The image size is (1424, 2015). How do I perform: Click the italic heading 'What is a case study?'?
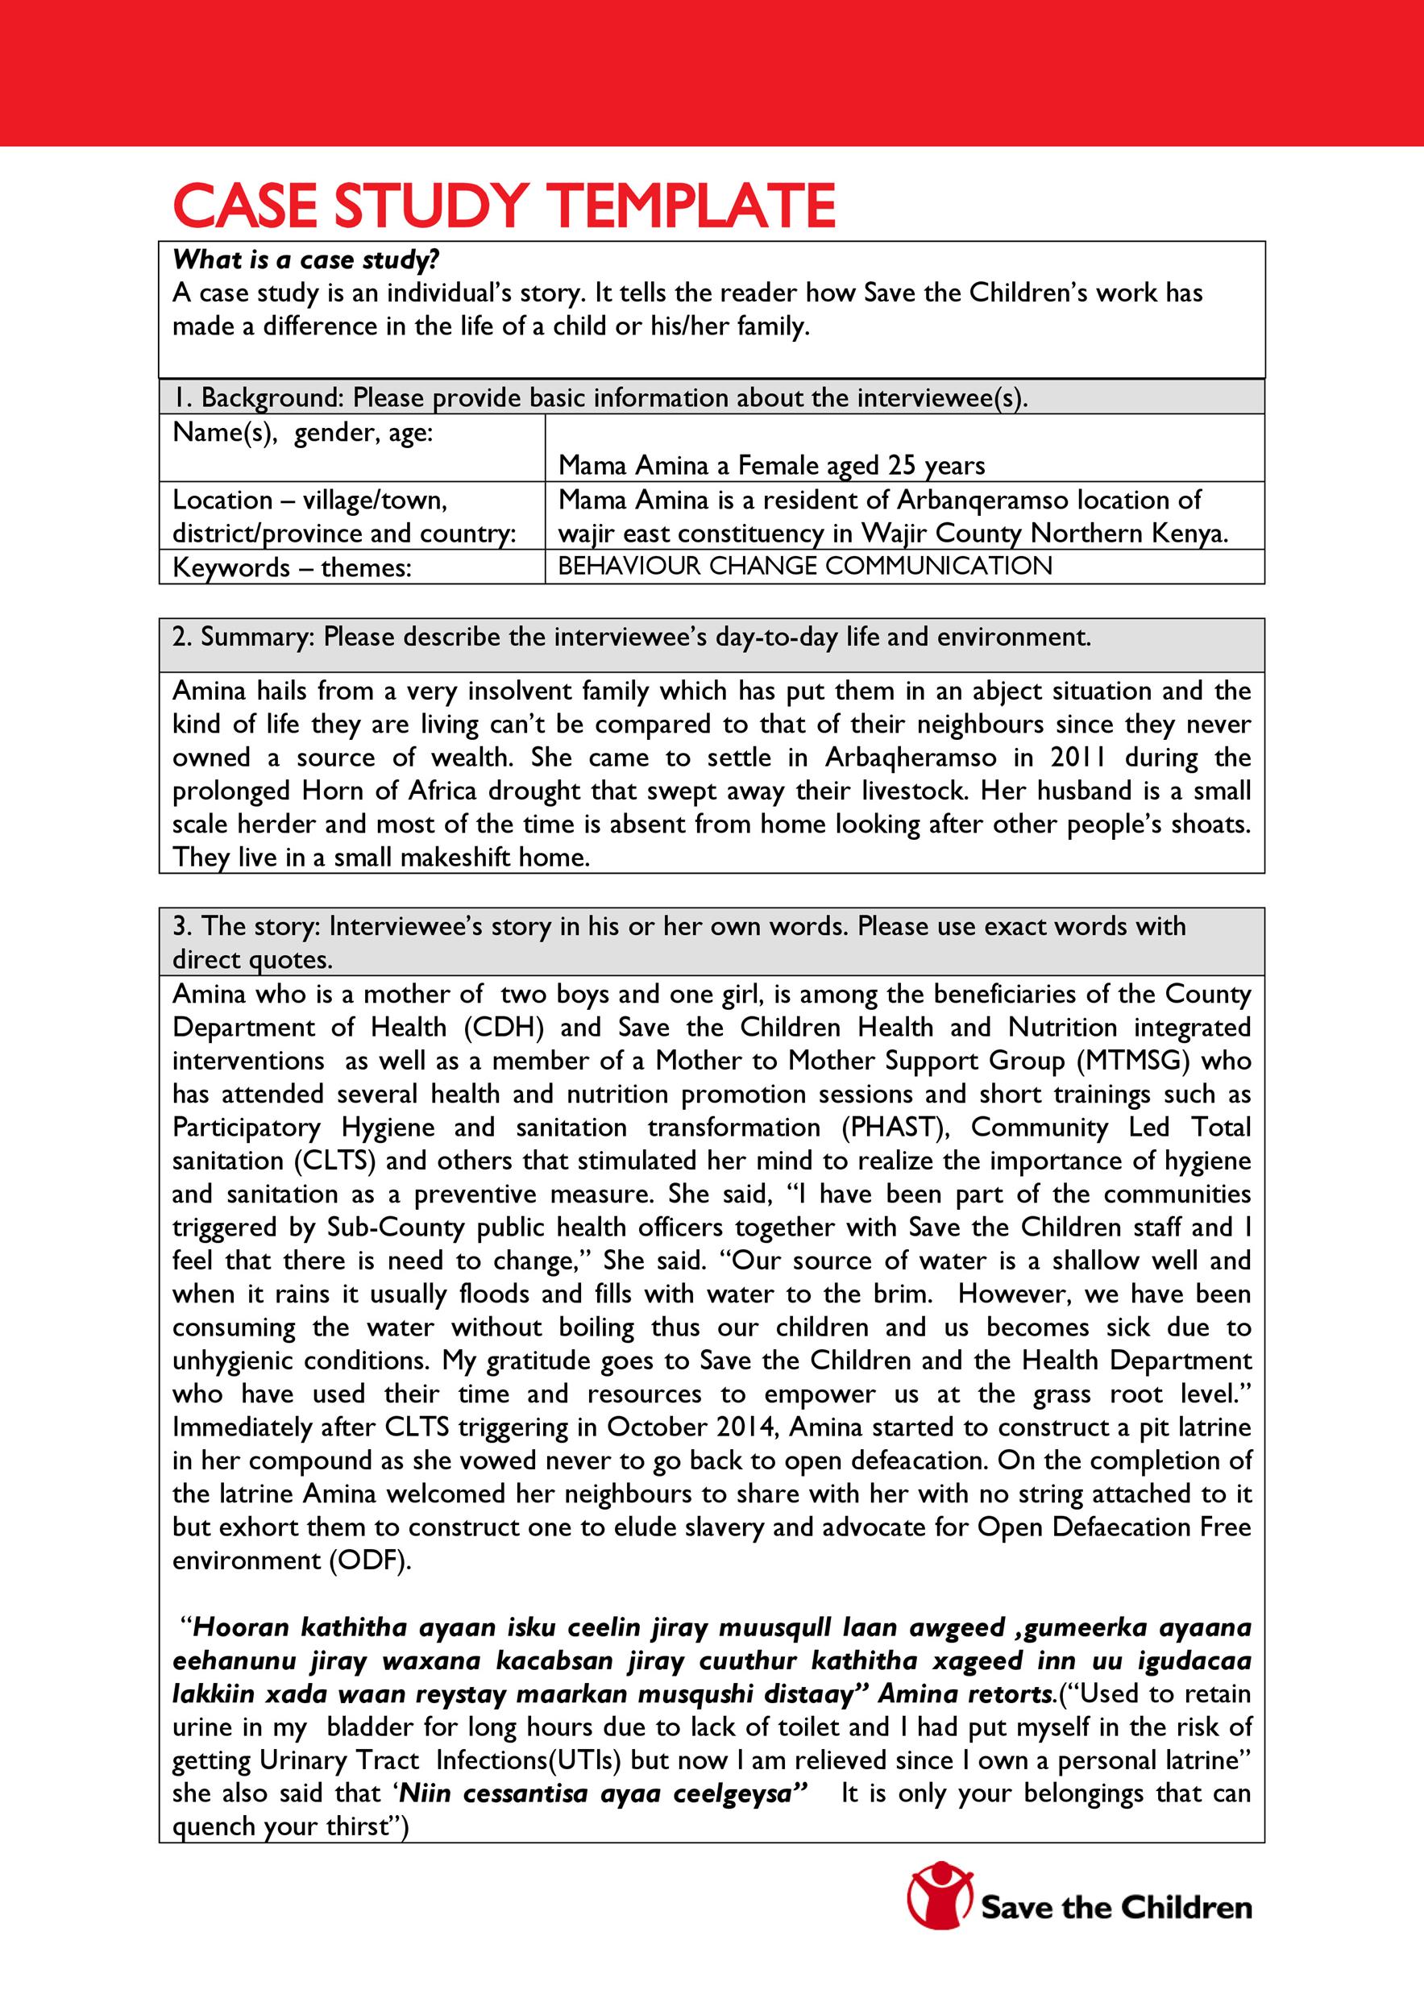pyautogui.click(x=305, y=260)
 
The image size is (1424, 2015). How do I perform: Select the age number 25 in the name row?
pyautogui.click(x=902, y=465)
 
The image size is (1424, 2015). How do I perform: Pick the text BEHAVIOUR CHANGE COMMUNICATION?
pyautogui.click(x=804, y=566)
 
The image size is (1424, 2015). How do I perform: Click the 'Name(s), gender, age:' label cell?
pyautogui.click(x=303, y=433)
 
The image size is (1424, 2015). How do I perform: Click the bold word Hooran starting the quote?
pyautogui.click(x=240, y=1628)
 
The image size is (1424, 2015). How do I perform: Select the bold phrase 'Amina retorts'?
pyautogui.click(x=965, y=1695)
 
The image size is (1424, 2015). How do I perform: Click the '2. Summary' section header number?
pyautogui.click(x=181, y=638)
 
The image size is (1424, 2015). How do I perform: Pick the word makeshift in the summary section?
pyautogui.click(x=455, y=858)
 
